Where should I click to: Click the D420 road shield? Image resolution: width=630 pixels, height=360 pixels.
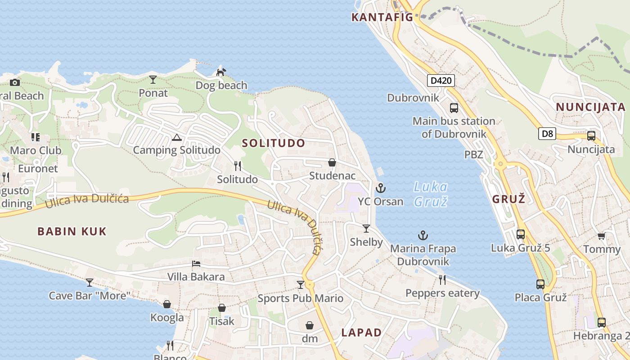click(441, 81)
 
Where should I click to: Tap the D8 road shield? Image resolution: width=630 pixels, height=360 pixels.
click(547, 134)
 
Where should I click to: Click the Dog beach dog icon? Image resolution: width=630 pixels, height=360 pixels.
click(221, 72)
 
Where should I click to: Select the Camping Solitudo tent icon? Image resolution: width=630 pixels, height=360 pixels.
click(176, 138)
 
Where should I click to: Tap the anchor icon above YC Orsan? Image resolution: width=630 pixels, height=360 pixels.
click(381, 188)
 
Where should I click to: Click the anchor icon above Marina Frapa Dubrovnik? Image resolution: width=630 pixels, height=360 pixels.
click(423, 235)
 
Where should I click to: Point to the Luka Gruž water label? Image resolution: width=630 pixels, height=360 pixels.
click(431, 193)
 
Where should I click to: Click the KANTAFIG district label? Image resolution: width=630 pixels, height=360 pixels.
click(382, 18)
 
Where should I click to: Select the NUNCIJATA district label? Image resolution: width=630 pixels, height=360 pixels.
click(590, 107)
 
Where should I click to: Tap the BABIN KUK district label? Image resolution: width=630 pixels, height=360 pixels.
click(72, 232)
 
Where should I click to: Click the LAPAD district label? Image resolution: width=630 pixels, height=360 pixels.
click(361, 333)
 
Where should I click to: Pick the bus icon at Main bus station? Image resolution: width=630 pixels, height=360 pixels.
click(454, 108)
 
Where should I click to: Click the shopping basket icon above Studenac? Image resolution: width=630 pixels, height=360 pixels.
click(332, 162)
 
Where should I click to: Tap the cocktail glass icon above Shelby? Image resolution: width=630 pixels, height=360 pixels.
click(366, 229)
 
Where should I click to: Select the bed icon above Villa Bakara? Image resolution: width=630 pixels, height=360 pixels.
click(196, 264)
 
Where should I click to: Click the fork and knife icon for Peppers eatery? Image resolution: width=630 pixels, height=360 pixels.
click(442, 280)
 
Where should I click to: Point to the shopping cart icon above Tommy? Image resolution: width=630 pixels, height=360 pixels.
click(601, 236)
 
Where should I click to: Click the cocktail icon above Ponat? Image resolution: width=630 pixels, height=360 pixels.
click(153, 80)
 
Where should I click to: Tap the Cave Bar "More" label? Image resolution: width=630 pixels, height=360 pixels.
click(90, 296)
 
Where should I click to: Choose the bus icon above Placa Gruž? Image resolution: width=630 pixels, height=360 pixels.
click(540, 284)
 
